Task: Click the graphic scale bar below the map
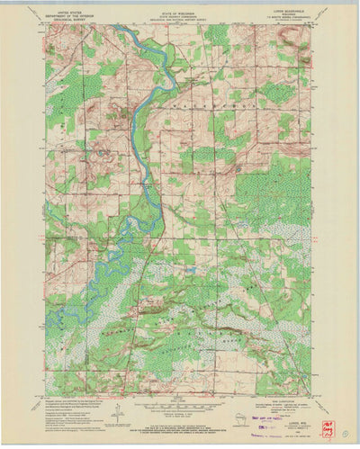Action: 180,399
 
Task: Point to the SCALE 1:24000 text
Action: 180,392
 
